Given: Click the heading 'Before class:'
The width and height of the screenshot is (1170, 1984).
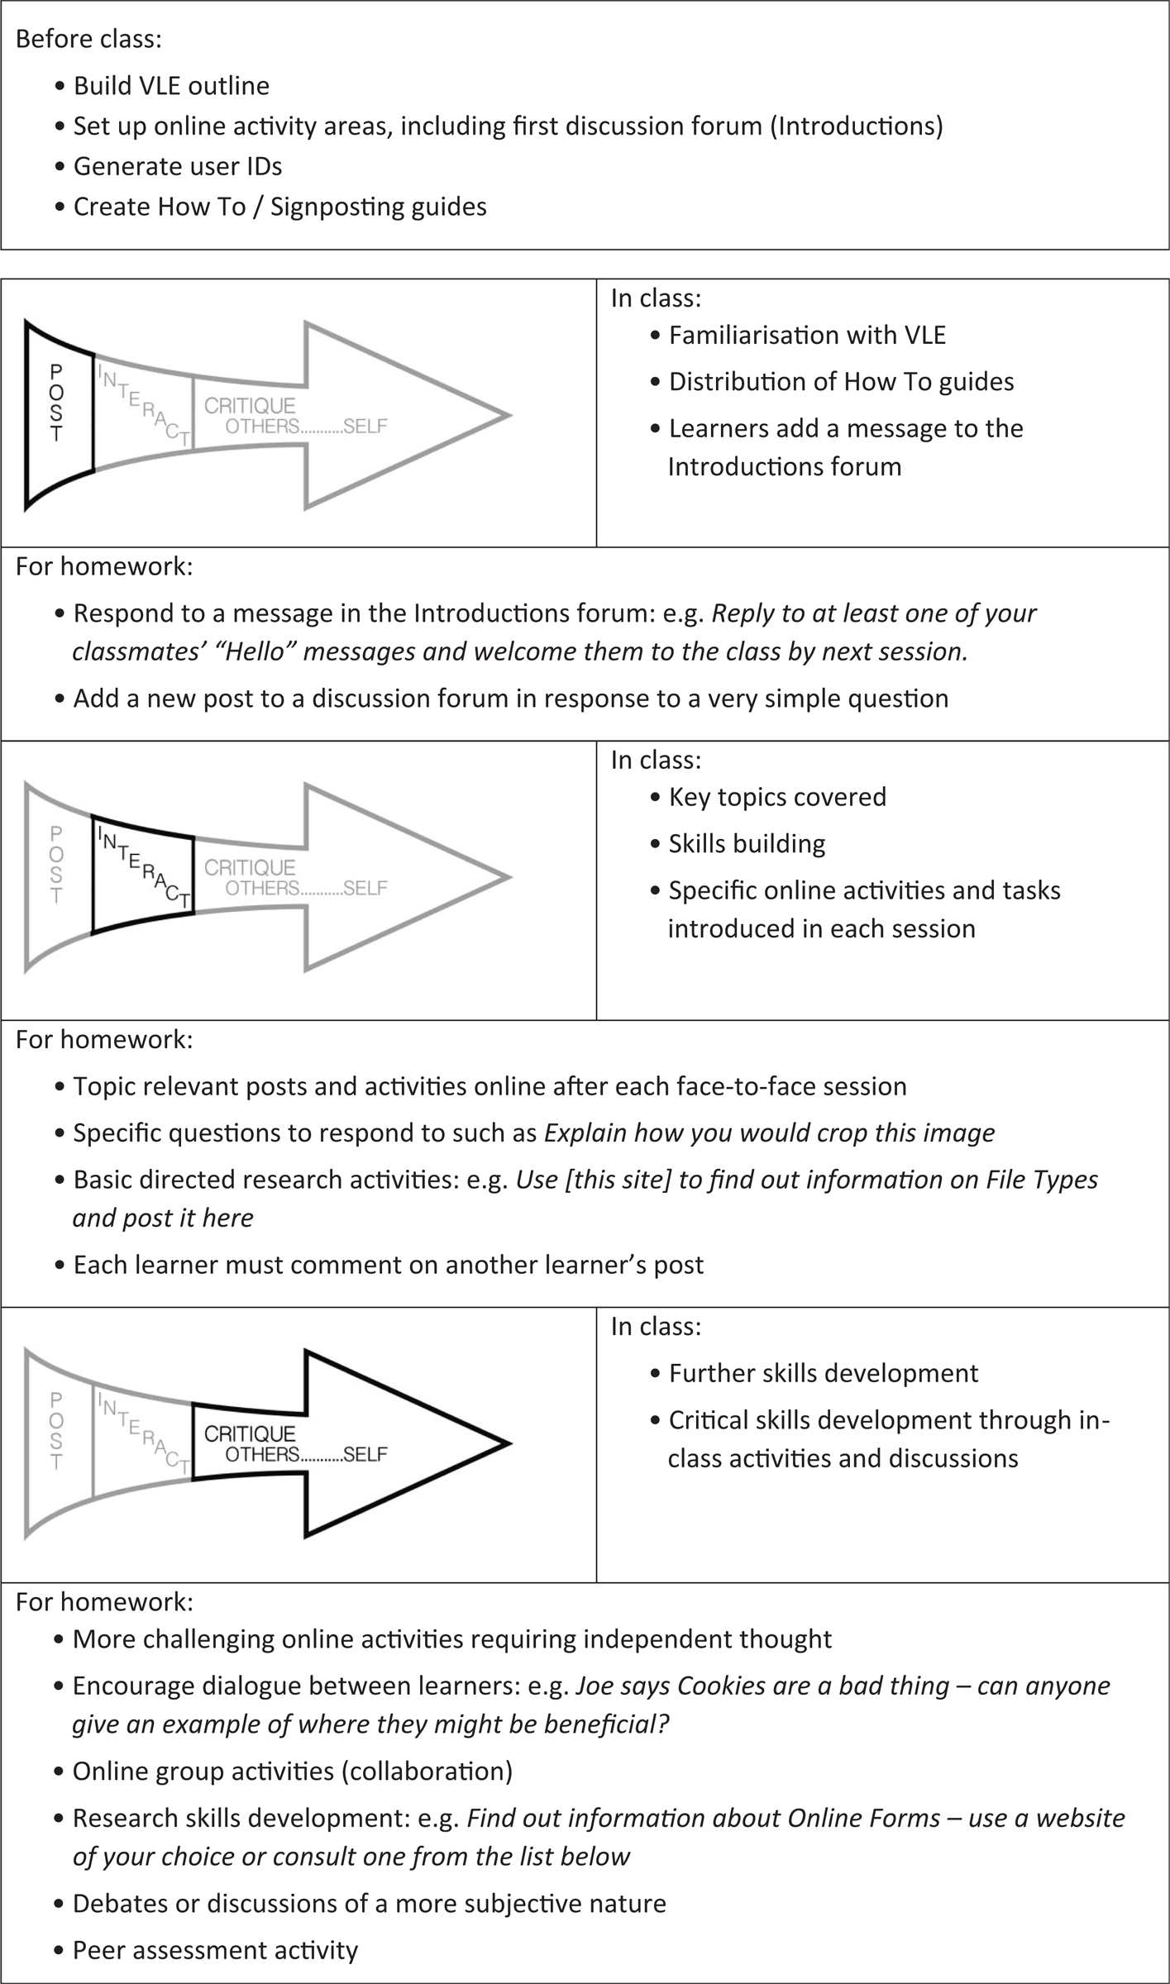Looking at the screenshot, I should [x=88, y=39].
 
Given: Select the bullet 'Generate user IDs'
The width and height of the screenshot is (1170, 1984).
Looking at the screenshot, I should [x=177, y=166].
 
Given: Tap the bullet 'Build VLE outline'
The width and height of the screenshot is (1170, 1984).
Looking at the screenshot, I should [x=171, y=86].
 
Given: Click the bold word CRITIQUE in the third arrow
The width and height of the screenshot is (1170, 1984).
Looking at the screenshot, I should [x=250, y=1433].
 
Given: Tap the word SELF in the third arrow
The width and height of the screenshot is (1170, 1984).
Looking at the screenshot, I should [x=365, y=1454].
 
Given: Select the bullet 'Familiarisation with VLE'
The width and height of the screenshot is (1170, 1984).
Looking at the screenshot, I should [x=807, y=335].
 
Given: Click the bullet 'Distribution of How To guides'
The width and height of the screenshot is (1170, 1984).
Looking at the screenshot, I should [x=841, y=381].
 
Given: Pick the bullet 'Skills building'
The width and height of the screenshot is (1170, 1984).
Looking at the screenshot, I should [x=747, y=843].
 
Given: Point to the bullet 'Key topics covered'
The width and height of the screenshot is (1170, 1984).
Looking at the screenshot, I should [x=777, y=797].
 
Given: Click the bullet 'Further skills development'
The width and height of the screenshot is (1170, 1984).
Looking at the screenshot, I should [x=823, y=1373].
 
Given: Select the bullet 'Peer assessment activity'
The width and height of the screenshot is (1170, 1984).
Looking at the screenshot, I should [x=215, y=1950].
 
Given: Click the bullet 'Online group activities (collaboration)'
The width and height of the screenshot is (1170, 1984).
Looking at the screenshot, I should [x=292, y=1771].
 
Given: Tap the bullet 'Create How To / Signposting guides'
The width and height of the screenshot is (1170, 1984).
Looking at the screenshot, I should [x=279, y=206].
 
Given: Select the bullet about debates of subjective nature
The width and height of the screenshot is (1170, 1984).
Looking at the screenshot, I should [x=369, y=1904].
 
